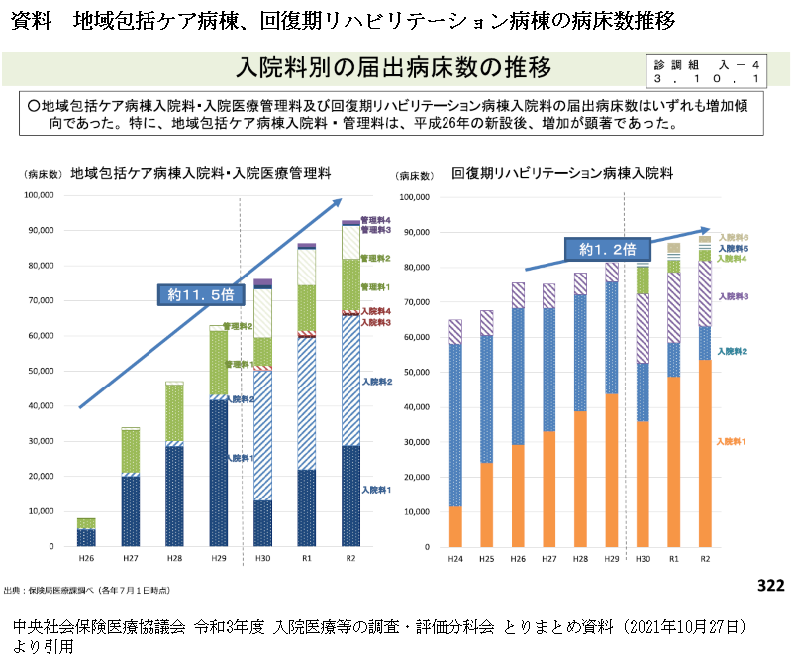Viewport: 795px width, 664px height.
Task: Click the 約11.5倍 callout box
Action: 201,294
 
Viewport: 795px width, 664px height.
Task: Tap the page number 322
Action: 770,586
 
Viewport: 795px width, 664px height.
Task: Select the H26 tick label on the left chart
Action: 86,560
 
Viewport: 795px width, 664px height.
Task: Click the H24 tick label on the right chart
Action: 455,560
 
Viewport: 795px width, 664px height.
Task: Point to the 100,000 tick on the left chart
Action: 36,195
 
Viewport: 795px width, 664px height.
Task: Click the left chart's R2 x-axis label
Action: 349,560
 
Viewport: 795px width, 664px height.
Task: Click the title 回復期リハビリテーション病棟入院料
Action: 562,174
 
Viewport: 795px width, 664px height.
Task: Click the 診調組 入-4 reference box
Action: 707,69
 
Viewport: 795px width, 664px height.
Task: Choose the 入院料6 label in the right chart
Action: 734,237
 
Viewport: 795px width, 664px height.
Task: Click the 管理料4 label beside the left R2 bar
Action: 376,220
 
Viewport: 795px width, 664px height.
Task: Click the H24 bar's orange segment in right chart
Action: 455,526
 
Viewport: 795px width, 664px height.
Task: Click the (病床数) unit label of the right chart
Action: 415,176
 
